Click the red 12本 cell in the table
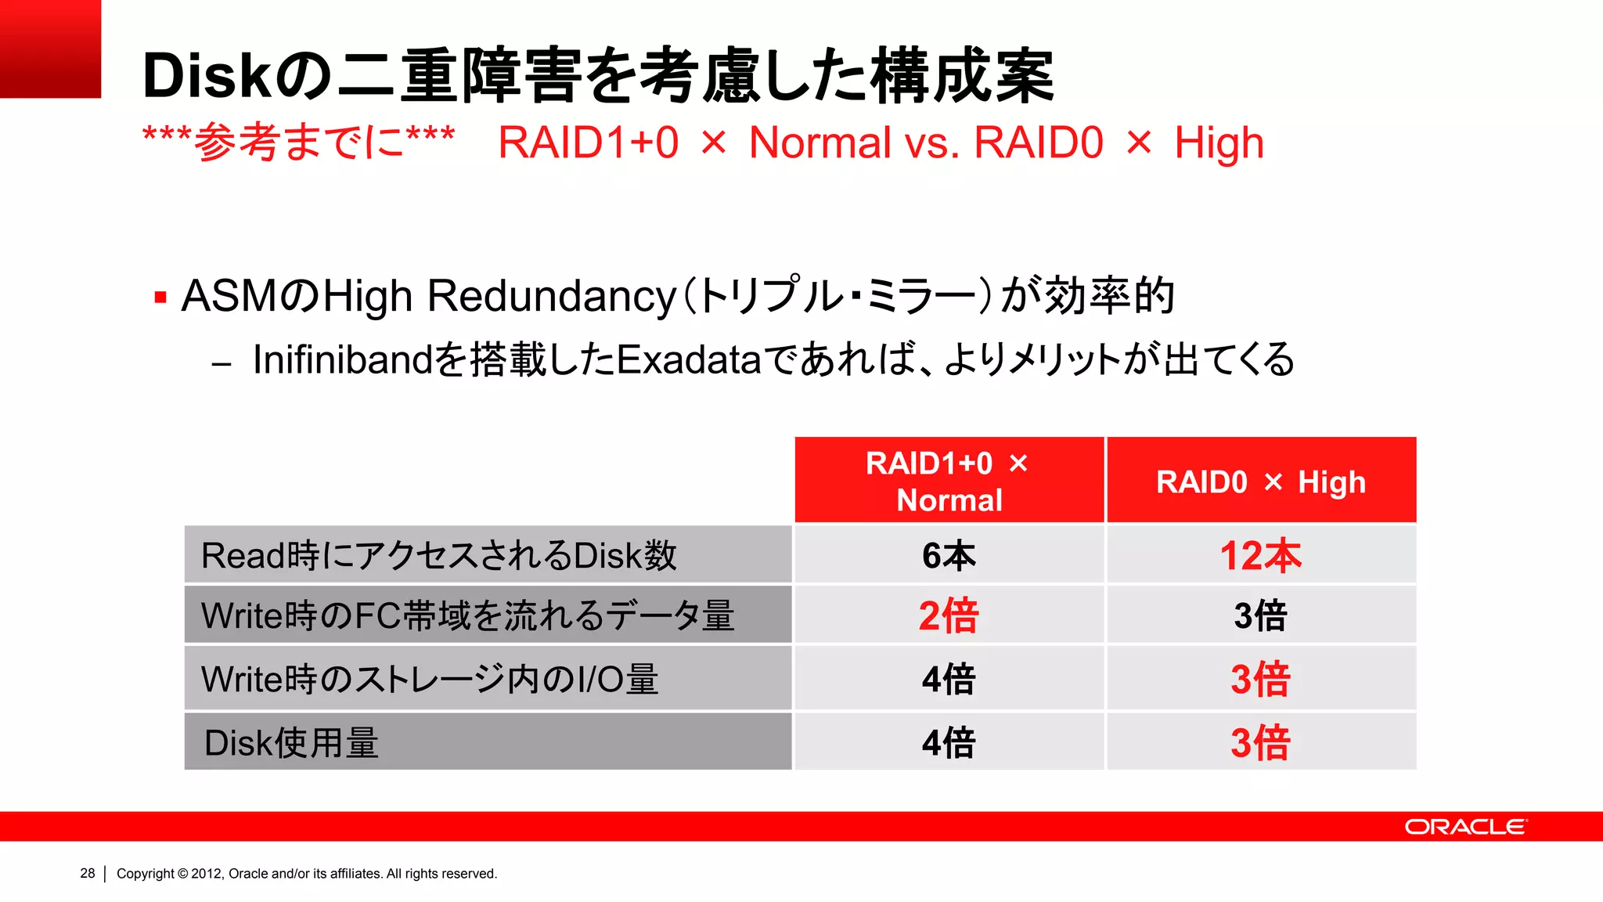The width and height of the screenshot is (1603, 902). [x=1260, y=556]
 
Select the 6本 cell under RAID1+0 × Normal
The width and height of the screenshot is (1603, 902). [x=949, y=556]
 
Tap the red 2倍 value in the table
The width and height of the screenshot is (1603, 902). [x=949, y=615]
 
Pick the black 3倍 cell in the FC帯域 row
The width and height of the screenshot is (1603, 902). [x=1260, y=615]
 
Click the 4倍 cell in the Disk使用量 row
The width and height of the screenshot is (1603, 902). [x=949, y=742]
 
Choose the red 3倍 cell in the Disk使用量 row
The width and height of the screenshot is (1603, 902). [x=1260, y=742]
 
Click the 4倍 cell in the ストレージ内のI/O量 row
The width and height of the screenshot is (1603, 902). [x=949, y=679]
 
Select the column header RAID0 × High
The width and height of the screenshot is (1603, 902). [x=1260, y=482]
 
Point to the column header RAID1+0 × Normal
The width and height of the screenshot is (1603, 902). [x=949, y=482]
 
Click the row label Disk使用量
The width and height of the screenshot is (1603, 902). [x=291, y=742]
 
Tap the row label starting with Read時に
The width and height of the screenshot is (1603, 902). [x=438, y=556]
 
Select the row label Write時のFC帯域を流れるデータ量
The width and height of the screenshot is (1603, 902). [x=467, y=615]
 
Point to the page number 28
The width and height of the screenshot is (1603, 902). [x=87, y=873]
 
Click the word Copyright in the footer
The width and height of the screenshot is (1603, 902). [x=146, y=873]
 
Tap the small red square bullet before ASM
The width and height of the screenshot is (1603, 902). [x=160, y=298]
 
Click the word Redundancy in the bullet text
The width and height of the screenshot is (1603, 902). [x=551, y=296]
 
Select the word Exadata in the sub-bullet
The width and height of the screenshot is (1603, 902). [x=689, y=359]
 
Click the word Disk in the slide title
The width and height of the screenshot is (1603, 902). [x=207, y=76]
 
